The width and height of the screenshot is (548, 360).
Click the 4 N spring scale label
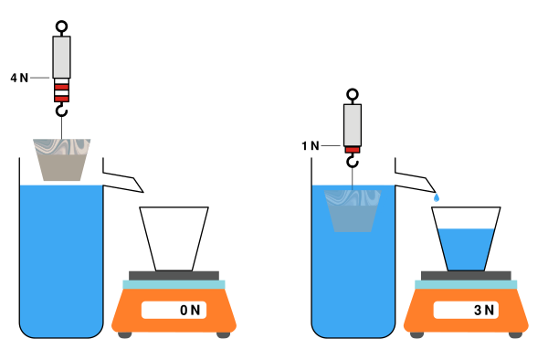pyautogui.click(x=19, y=78)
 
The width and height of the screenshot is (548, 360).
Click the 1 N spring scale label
pyautogui.click(x=311, y=146)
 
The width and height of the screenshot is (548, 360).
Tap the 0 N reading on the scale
pyautogui.click(x=190, y=310)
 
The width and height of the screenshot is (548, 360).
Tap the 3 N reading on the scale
pyautogui.click(x=484, y=310)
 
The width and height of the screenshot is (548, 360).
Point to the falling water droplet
pyautogui.click(x=437, y=198)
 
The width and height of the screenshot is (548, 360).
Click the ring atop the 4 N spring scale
pyautogui.click(x=61, y=26)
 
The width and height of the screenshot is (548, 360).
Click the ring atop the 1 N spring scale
pyautogui.click(x=353, y=94)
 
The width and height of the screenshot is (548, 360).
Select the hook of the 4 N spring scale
pyautogui.click(x=61, y=111)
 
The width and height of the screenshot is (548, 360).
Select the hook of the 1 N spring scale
pyautogui.click(x=353, y=162)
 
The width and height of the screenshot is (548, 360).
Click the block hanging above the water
pyautogui.click(x=62, y=160)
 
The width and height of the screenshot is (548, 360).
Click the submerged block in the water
pyautogui.click(x=353, y=211)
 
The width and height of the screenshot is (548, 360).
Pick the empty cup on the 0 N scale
pyautogui.click(x=174, y=238)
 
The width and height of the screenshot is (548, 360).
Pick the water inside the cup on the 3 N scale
pyautogui.click(x=466, y=249)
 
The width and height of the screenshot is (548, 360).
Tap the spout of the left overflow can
pyautogui.click(x=123, y=182)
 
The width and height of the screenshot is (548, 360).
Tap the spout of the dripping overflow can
pyautogui.click(x=416, y=182)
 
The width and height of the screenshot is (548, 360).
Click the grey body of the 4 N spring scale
pyautogui.click(x=61, y=58)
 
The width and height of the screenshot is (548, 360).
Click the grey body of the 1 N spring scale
pyautogui.click(x=353, y=125)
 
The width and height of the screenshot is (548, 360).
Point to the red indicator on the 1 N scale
pyautogui.click(x=353, y=150)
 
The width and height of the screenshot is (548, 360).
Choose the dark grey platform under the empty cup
pyautogui.click(x=174, y=276)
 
